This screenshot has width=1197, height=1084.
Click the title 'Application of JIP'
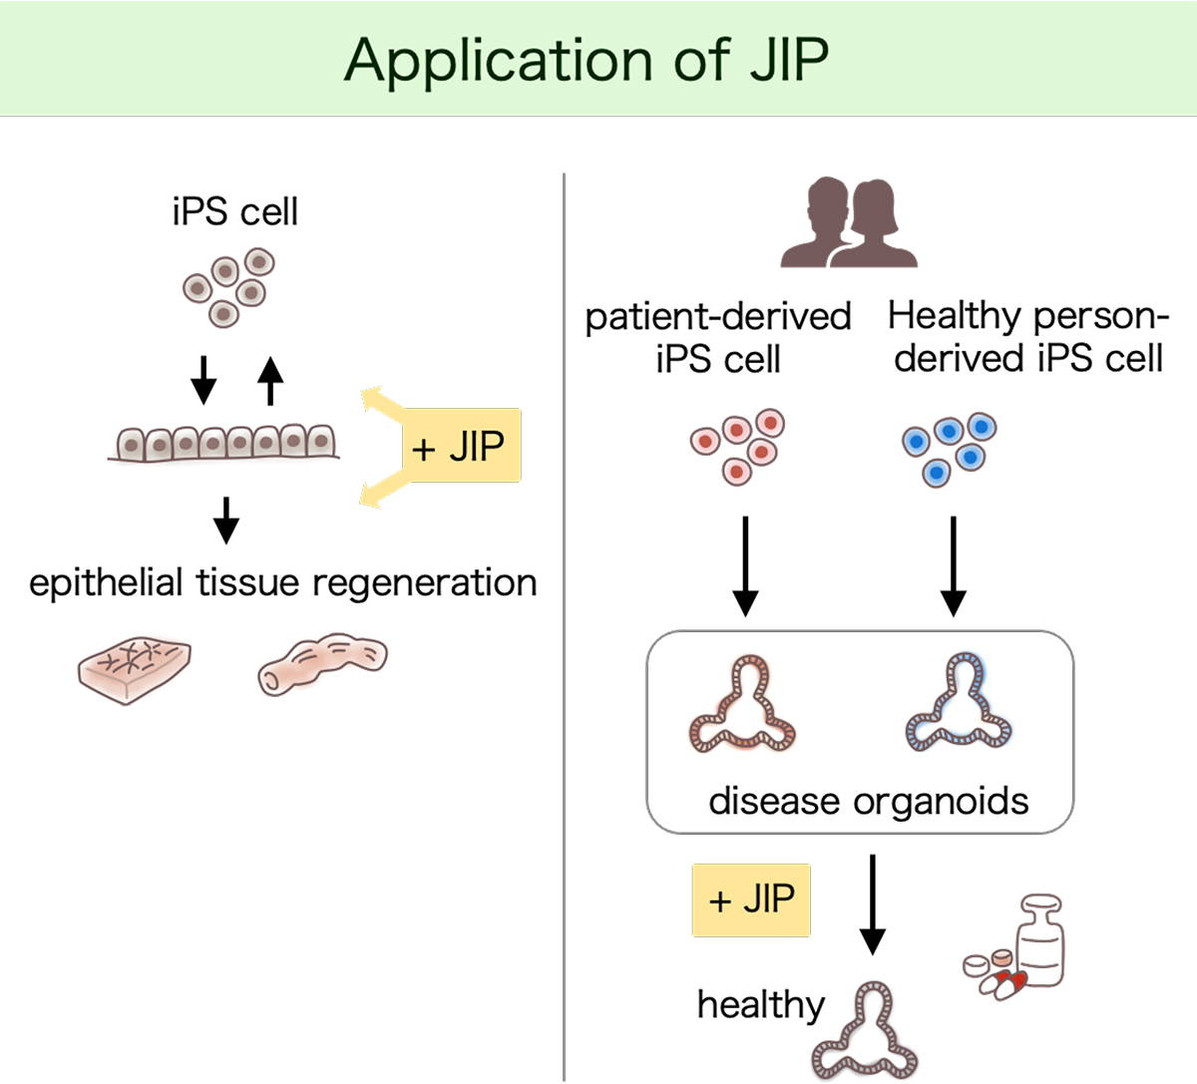(x=587, y=61)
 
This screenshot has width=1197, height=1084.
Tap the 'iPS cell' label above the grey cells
(x=234, y=211)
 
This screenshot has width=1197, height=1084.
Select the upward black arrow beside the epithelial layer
(x=270, y=381)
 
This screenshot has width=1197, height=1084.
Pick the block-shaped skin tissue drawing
(x=135, y=669)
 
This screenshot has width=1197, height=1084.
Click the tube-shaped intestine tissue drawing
(x=322, y=663)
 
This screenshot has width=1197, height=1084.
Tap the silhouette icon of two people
(x=849, y=222)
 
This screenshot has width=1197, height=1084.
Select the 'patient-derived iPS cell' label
(x=718, y=337)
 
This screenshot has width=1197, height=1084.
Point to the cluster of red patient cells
(x=737, y=446)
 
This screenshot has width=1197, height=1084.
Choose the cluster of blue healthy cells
(x=949, y=449)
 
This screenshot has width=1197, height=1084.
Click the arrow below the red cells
(x=745, y=566)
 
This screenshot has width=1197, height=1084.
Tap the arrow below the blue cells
(x=953, y=566)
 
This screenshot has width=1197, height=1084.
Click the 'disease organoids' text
(x=868, y=801)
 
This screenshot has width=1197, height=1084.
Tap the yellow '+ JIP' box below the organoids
(x=751, y=900)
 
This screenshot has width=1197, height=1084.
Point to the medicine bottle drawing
(x=1040, y=941)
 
